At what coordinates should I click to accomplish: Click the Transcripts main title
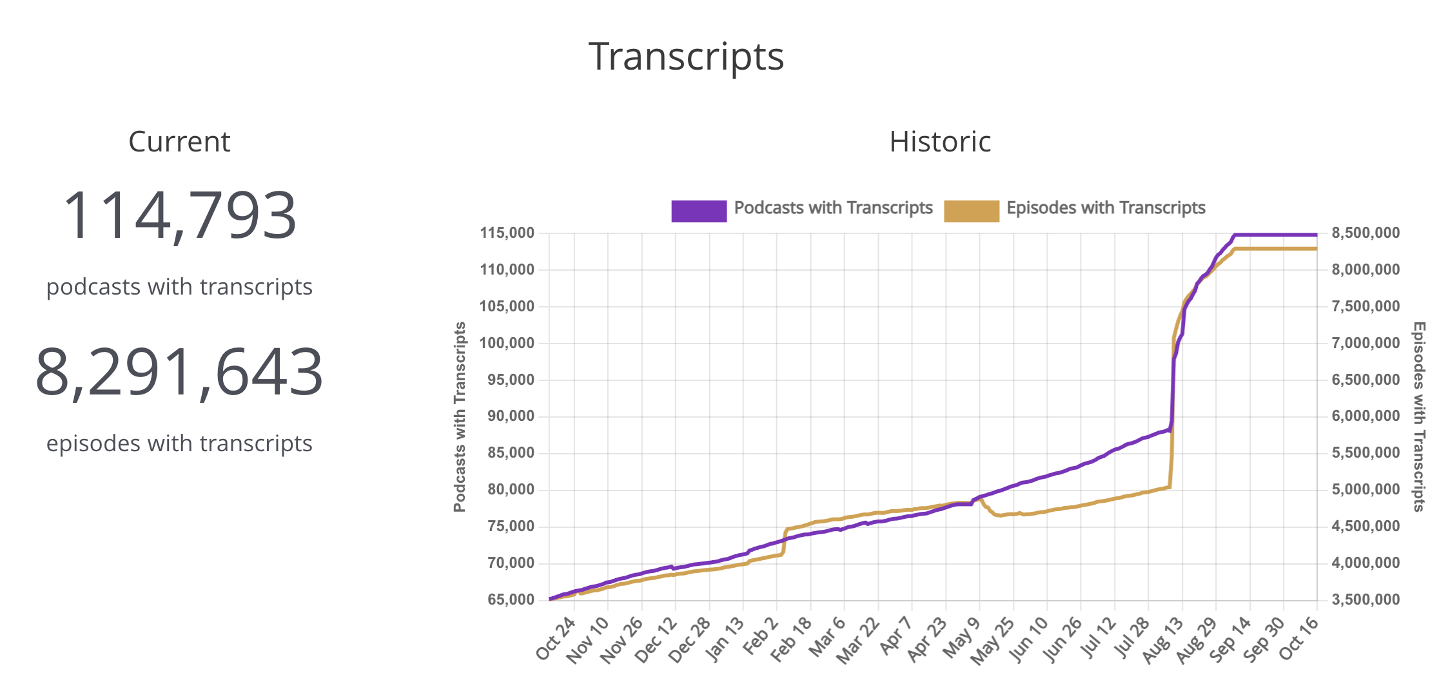pos(686,57)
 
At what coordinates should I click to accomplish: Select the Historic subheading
pos(940,142)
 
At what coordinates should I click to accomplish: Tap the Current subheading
pos(179,142)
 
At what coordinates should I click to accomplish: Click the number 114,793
pos(179,215)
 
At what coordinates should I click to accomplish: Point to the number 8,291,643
pos(179,372)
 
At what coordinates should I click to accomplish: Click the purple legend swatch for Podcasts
pos(699,211)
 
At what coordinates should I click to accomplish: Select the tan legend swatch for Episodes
pos(971,211)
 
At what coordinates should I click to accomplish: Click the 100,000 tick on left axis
pos(507,343)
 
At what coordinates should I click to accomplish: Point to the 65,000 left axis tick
pos(511,600)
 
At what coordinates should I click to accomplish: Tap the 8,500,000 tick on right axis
pos(1365,233)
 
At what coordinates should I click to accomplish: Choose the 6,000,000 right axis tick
pos(1365,416)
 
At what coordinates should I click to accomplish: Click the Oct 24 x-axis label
pos(555,638)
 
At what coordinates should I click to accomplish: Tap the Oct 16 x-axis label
pos(1298,638)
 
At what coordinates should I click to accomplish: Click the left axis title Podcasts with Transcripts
pos(459,416)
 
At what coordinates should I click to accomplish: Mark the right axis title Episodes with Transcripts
pos(1419,416)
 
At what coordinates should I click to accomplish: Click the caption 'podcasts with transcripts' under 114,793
pos(179,287)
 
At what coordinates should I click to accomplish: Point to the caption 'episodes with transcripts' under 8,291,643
pos(179,443)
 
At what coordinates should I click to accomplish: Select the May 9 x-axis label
pos(961,638)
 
